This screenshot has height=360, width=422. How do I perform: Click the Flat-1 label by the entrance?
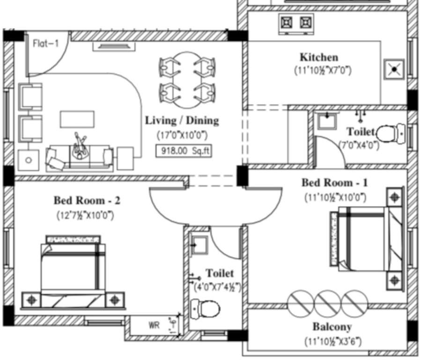[x=45, y=44]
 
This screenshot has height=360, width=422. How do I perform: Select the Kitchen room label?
[x=318, y=57]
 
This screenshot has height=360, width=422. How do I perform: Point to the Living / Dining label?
[x=182, y=120]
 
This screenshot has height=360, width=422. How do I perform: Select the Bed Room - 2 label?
[x=87, y=201]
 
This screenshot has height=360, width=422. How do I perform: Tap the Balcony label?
[x=332, y=327]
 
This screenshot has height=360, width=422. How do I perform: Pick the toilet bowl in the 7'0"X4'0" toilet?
[x=389, y=134]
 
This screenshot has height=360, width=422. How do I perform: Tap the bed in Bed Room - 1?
[x=365, y=239]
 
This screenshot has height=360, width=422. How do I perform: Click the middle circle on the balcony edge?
[x=328, y=303]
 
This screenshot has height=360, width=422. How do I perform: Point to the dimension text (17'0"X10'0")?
[x=182, y=135]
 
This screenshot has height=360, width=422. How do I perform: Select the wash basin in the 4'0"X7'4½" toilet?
[x=200, y=244]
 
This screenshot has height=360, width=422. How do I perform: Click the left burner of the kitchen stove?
[x=287, y=22]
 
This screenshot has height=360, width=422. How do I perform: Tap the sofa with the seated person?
[x=80, y=156]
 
